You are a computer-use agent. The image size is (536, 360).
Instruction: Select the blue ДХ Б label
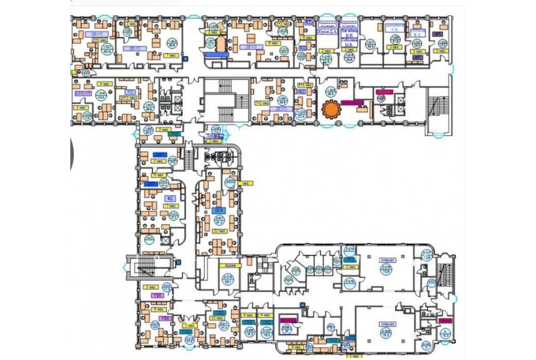tap(219, 211)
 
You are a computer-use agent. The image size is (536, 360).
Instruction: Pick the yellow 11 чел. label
tap(216, 321)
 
